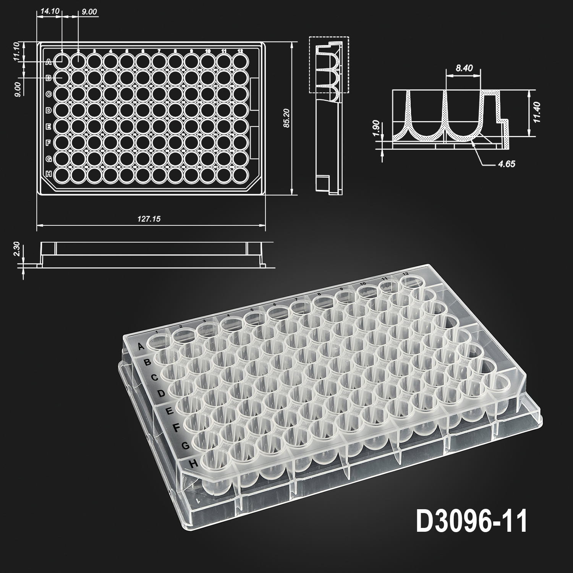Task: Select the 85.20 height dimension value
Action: click(286, 119)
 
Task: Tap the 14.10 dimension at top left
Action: click(49, 11)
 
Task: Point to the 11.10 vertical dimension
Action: click(16, 52)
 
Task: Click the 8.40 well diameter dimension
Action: click(463, 68)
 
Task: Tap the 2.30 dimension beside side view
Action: click(16, 249)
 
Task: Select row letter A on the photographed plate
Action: click(141, 346)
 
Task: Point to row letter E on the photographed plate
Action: click(170, 411)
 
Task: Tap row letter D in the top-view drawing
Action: click(49, 110)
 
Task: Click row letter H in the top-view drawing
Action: click(49, 174)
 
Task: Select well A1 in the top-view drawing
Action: click(62, 60)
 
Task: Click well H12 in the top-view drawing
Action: click(240, 174)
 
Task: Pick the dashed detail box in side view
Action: click(329, 65)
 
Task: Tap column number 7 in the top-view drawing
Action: click(159, 50)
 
